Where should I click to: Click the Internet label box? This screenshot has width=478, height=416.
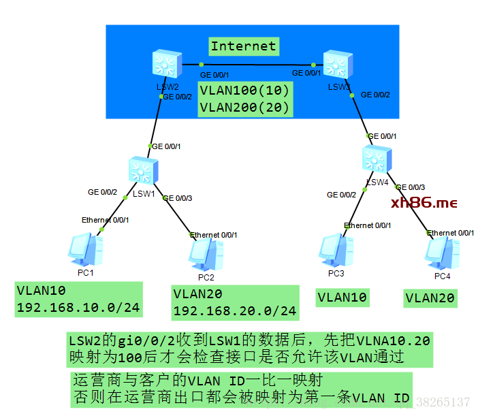pyautogui.click(x=243, y=46)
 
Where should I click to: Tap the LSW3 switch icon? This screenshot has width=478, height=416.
pyautogui.click(x=336, y=65)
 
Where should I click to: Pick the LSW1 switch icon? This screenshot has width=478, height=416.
pyautogui.click(x=144, y=169)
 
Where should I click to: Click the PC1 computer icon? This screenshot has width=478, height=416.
pyautogui.click(x=86, y=248)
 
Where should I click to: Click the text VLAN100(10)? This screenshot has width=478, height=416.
pyautogui.click(x=245, y=91)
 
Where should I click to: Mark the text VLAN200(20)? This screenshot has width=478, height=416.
pyautogui.click(x=245, y=107)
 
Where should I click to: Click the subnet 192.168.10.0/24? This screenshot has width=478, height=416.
pyautogui.click(x=78, y=308)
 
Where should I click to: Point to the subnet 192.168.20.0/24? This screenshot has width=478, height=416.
pyautogui.click(x=235, y=311)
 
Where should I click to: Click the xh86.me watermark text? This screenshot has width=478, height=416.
pyautogui.click(x=424, y=203)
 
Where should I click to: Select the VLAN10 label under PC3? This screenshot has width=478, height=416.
pyautogui.click(x=342, y=297)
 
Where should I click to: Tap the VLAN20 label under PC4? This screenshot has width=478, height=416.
pyautogui.click(x=430, y=298)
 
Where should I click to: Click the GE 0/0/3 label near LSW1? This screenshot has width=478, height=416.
pyautogui.click(x=177, y=198)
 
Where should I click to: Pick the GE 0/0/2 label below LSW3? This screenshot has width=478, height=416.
pyautogui.click(x=375, y=94)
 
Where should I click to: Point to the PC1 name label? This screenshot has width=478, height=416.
pyautogui.click(x=86, y=273)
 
